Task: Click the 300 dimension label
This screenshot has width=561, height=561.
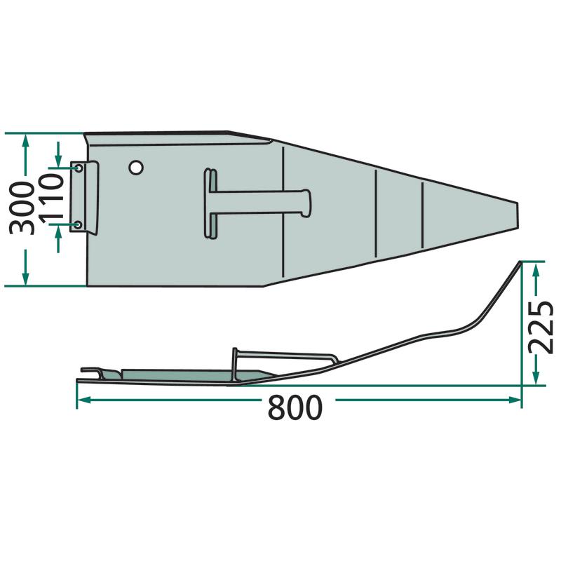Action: [22, 208]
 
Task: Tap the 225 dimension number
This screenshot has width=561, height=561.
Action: [541, 327]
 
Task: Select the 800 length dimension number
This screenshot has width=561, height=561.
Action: [295, 407]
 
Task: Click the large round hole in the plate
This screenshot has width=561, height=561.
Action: [136, 167]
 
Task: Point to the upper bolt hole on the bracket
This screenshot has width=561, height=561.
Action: [79, 168]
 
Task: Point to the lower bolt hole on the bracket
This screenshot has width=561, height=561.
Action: [79, 224]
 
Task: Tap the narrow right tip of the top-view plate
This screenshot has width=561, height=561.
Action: [518, 215]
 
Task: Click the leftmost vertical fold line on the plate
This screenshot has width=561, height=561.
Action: [283, 212]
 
